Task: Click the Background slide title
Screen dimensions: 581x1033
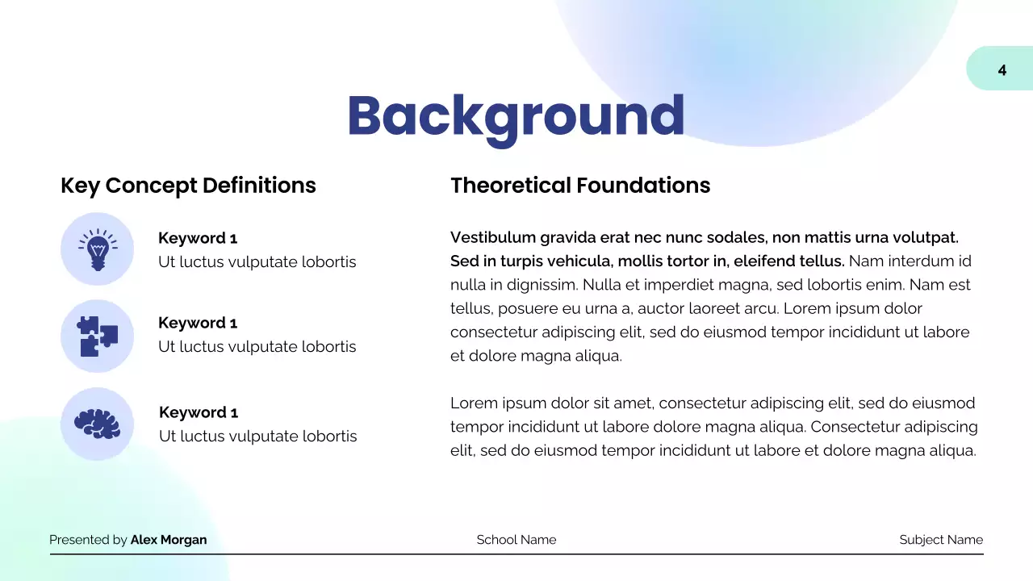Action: click(516, 115)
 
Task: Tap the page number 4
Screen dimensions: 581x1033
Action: click(1002, 70)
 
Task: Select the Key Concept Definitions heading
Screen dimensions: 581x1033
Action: click(188, 186)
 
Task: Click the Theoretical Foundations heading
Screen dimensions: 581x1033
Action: click(580, 186)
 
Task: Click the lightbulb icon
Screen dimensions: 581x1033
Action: click(97, 249)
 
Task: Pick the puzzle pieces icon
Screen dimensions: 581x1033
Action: click(97, 336)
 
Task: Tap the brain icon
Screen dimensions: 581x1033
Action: click(97, 424)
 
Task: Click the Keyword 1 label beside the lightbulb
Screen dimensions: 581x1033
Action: click(198, 238)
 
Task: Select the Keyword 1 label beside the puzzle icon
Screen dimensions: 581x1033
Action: click(198, 323)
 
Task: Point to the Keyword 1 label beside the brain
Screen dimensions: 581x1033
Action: click(199, 412)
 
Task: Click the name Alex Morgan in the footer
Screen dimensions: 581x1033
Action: click(169, 540)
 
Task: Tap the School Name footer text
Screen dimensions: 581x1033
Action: click(516, 540)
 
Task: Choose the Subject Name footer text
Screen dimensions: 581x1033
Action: click(941, 540)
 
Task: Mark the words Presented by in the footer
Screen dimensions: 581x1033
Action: click(88, 540)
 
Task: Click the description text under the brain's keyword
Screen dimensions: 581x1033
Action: click(257, 437)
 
